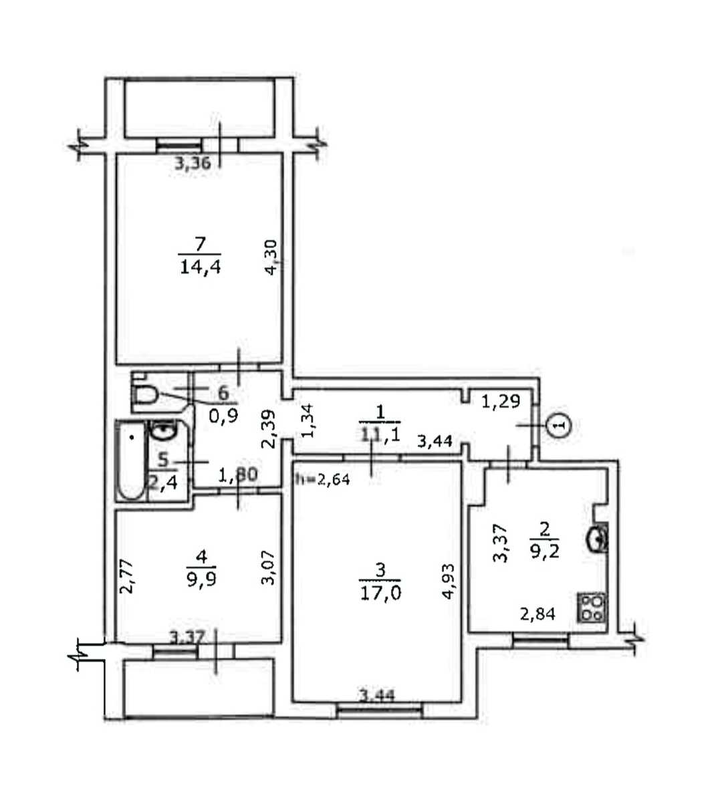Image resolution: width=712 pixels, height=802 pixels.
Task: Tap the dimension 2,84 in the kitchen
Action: [x=538, y=614]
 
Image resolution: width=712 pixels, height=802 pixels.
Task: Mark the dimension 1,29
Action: [x=501, y=402]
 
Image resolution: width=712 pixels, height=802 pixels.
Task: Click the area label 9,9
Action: [x=201, y=581]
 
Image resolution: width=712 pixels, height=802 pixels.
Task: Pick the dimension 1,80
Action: [x=238, y=475]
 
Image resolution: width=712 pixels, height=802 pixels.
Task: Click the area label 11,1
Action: [x=380, y=436]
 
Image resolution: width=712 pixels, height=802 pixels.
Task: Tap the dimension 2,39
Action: [x=269, y=428]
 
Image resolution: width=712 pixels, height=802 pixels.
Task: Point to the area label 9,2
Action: [x=545, y=551]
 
